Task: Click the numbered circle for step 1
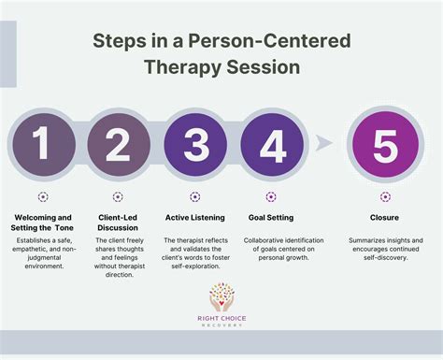click(42, 144)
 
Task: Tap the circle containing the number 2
click(118, 144)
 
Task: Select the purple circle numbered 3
click(194, 144)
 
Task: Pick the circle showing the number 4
click(270, 144)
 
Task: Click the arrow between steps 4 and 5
click(322, 143)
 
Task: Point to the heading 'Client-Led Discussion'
click(118, 223)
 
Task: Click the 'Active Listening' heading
click(194, 217)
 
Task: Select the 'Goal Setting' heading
click(270, 217)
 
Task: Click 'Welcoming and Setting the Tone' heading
click(43, 223)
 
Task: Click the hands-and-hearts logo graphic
click(222, 299)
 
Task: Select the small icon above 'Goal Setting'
click(270, 197)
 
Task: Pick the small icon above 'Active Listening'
click(194, 197)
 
